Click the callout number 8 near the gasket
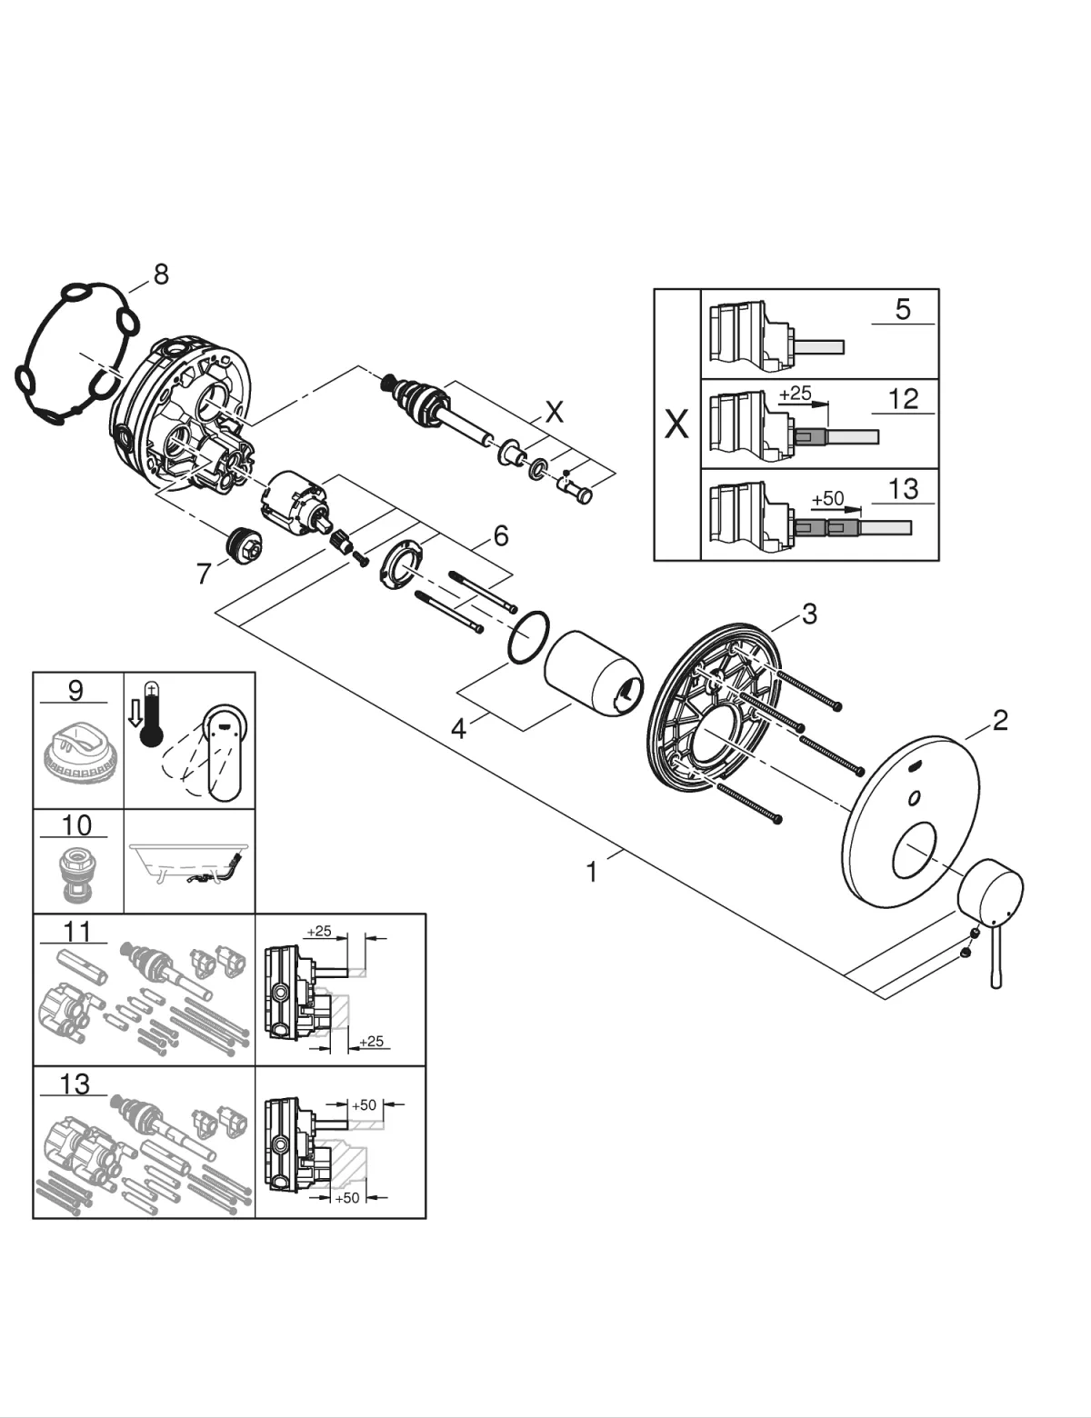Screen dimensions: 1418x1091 (161, 274)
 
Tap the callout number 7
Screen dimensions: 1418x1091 (204, 574)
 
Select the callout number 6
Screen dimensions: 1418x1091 (501, 535)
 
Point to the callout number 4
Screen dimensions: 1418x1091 (459, 728)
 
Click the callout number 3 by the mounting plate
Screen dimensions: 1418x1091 (809, 614)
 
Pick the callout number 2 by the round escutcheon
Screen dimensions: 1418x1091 (1000, 721)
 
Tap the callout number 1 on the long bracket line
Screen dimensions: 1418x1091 (592, 873)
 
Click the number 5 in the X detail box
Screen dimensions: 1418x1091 (902, 309)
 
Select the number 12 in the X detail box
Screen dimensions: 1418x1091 (903, 398)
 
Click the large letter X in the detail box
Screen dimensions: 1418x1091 (676, 424)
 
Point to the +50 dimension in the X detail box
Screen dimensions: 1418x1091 (827, 499)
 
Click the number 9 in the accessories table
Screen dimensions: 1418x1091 (75, 690)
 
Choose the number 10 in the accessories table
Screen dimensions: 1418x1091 (76, 824)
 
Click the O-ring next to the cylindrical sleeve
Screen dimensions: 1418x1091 (528, 638)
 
